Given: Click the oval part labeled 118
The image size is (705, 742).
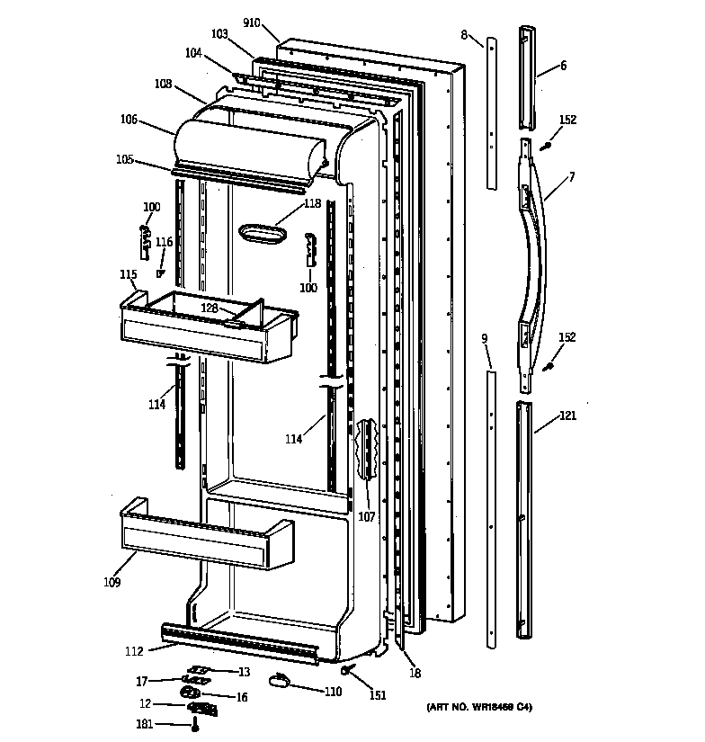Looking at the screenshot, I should pyautogui.click(x=262, y=234).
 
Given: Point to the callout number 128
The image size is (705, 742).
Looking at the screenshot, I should pyautogui.click(x=210, y=308).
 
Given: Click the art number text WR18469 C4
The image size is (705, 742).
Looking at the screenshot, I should pyautogui.click(x=478, y=708).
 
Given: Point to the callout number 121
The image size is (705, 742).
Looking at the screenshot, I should pyautogui.click(x=568, y=416).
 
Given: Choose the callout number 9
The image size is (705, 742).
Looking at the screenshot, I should pyautogui.click(x=484, y=338).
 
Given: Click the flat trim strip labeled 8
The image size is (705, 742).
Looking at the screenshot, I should pyautogui.click(x=491, y=112).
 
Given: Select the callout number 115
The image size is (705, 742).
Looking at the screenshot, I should pyautogui.click(x=128, y=274).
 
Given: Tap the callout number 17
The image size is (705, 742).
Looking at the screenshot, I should pyautogui.click(x=142, y=681).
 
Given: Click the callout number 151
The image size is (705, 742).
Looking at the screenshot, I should pyautogui.click(x=377, y=693).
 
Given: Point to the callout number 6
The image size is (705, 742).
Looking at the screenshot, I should pyautogui.click(x=563, y=65).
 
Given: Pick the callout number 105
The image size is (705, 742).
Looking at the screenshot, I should pyautogui.click(x=124, y=159).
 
